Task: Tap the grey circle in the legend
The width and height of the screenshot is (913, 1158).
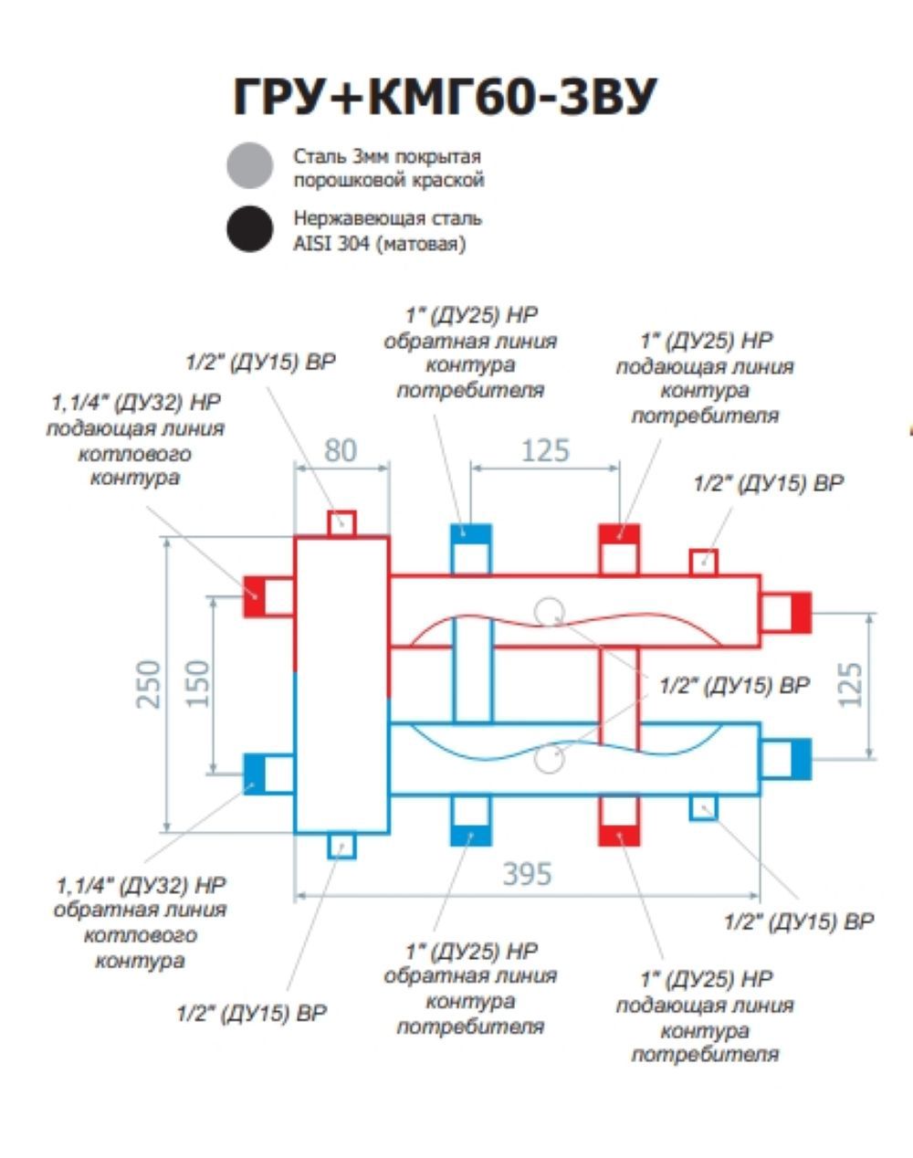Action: (x=250, y=165)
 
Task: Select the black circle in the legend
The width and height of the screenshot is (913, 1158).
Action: (x=250, y=228)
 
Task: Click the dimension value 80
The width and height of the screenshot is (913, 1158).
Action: (x=341, y=450)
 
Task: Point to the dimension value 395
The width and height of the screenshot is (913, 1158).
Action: (x=528, y=874)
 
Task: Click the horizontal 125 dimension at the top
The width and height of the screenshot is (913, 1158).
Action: (x=545, y=450)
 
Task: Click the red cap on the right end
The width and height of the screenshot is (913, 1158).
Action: (x=800, y=612)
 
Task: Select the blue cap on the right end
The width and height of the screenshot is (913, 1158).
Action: (x=800, y=759)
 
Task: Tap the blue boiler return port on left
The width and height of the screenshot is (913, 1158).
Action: (x=255, y=774)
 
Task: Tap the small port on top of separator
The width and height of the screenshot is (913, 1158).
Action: (x=341, y=523)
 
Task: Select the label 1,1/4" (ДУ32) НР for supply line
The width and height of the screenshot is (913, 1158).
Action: (x=135, y=402)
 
